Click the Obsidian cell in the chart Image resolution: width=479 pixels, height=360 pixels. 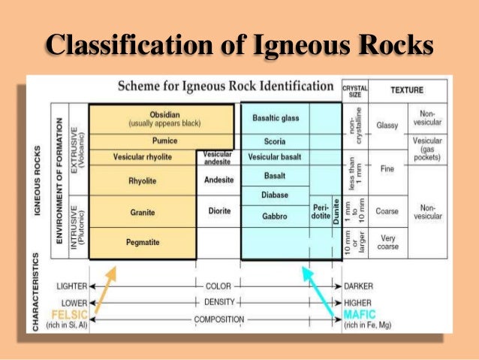point(142,118)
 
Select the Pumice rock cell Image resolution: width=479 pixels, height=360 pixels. point(142,141)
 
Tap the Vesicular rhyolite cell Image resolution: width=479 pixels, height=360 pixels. point(142,157)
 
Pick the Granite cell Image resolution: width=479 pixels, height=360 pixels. point(142,212)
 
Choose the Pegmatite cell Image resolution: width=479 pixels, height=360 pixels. point(142,242)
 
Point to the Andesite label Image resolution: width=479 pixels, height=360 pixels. point(218,180)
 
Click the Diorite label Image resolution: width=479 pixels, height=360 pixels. point(218,212)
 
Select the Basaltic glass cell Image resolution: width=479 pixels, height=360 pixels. point(274,118)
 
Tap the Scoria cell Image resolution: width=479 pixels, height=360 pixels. point(274,141)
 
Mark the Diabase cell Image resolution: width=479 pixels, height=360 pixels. point(274,195)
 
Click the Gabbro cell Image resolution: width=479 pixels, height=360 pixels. point(274,216)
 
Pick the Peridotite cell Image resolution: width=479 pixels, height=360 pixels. point(319,212)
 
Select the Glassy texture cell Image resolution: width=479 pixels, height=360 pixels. point(387,126)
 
